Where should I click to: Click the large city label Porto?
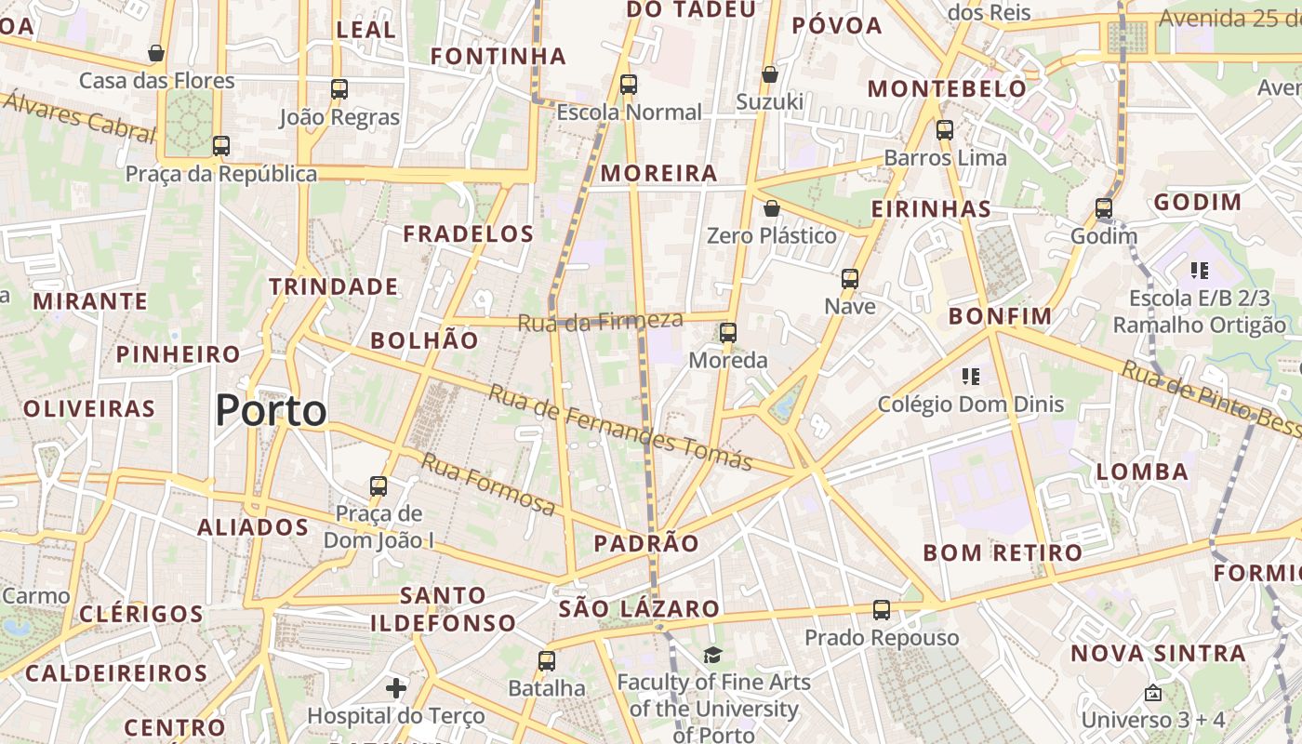pyautogui.click(x=271, y=410)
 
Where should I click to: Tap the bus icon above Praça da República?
pyautogui.click(x=220, y=146)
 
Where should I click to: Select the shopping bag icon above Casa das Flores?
pyautogui.click(x=156, y=53)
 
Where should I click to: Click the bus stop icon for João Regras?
pyautogui.click(x=339, y=89)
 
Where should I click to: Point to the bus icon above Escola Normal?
pyautogui.click(x=629, y=85)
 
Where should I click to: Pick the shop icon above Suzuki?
pyautogui.click(x=769, y=74)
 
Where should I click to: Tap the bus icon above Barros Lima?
pyautogui.click(x=945, y=130)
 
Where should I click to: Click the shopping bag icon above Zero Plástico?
pyautogui.click(x=771, y=208)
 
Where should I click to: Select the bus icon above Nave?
pyautogui.click(x=849, y=278)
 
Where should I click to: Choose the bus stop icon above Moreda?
pyautogui.click(x=728, y=332)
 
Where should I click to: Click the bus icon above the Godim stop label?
pyautogui.click(x=1104, y=208)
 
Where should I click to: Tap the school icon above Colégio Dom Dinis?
pyautogui.click(x=971, y=377)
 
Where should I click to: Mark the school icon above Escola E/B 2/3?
pyautogui.click(x=1200, y=271)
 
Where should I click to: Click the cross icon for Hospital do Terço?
pyautogui.click(x=396, y=688)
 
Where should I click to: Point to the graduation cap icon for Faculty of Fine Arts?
pyautogui.click(x=712, y=655)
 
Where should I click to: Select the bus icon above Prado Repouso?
pyautogui.click(x=882, y=610)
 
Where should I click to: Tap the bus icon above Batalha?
pyautogui.click(x=547, y=661)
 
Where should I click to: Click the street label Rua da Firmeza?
pyautogui.click(x=600, y=322)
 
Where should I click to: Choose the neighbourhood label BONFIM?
pyautogui.click(x=1000, y=316)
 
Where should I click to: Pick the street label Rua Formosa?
pyautogui.click(x=488, y=484)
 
